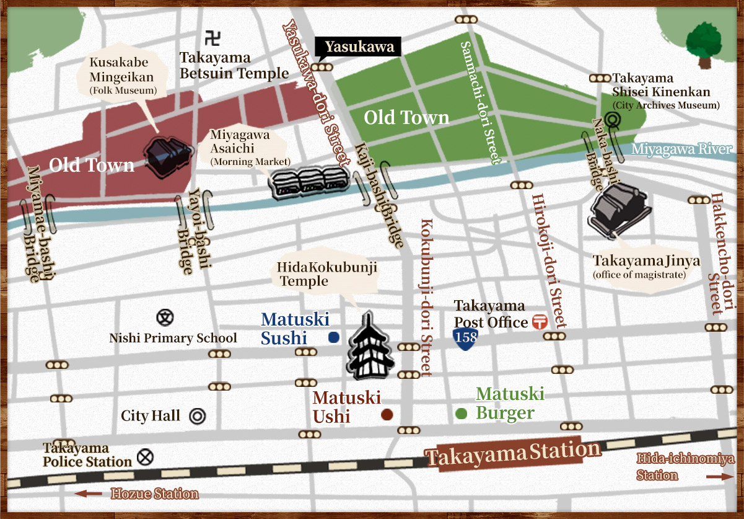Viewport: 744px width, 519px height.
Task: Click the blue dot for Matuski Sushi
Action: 333,337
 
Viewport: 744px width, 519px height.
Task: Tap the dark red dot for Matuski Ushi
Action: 387,415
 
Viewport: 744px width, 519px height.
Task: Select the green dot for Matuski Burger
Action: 461,414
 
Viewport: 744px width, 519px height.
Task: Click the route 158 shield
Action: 465,339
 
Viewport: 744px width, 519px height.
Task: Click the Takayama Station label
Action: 513,454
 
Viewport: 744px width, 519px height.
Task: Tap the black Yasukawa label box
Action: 359,47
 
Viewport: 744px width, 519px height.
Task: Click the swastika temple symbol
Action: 211,38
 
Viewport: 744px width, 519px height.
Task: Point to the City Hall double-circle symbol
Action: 198,416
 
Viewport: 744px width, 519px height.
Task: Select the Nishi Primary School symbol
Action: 164,318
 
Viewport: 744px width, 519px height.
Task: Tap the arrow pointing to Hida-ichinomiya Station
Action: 719,476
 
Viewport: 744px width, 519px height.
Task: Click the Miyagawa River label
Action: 681,149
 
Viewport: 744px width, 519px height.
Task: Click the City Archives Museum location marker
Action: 613,121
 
